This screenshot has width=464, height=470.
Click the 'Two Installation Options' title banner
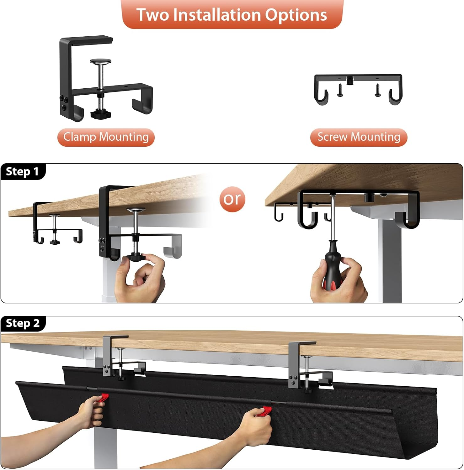[x=232, y=15]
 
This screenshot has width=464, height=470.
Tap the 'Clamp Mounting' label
[x=106, y=137]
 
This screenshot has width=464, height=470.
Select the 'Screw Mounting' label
[x=359, y=137]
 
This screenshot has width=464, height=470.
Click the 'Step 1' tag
[x=23, y=171]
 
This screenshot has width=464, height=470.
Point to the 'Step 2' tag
[x=23, y=323]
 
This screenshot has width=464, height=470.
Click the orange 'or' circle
[x=232, y=199]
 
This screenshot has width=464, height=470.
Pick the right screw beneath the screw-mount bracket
[x=378, y=90]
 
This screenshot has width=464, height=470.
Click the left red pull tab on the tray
[x=103, y=398]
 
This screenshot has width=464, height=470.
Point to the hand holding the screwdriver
[x=339, y=282]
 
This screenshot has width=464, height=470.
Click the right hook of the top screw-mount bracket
[x=395, y=96]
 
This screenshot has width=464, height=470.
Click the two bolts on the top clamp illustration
[x=64, y=103]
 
